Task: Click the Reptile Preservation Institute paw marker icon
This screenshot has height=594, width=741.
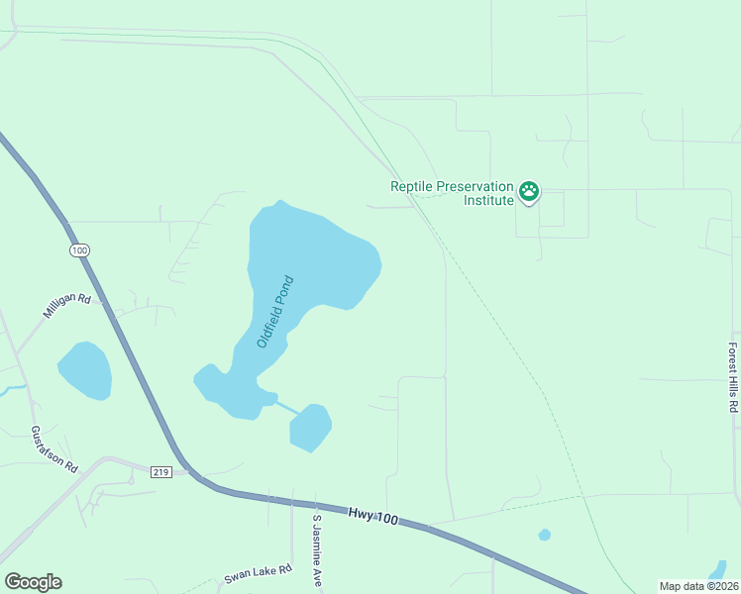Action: tap(529, 191)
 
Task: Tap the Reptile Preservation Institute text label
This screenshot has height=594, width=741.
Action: tap(453, 193)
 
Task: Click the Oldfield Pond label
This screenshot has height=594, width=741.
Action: tap(276, 311)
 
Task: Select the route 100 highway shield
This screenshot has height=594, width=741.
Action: tap(79, 250)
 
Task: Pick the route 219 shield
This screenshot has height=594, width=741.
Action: tap(161, 472)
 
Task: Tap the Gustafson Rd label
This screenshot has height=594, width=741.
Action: tap(53, 449)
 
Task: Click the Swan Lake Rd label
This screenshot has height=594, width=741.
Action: tap(258, 572)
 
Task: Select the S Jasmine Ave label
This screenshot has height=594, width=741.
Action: tap(318, 550)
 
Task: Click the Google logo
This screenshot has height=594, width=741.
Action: tap(33, 582)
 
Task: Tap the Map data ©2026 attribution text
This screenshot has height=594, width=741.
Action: tap(699, 586)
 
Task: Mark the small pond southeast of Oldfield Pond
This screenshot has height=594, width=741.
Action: tap(310, 428)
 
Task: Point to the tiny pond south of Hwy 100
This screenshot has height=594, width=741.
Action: tap(544, 535)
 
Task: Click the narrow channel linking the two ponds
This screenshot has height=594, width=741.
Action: tap(286, 406)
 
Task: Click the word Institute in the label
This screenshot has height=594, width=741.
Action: tap(489, 200)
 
